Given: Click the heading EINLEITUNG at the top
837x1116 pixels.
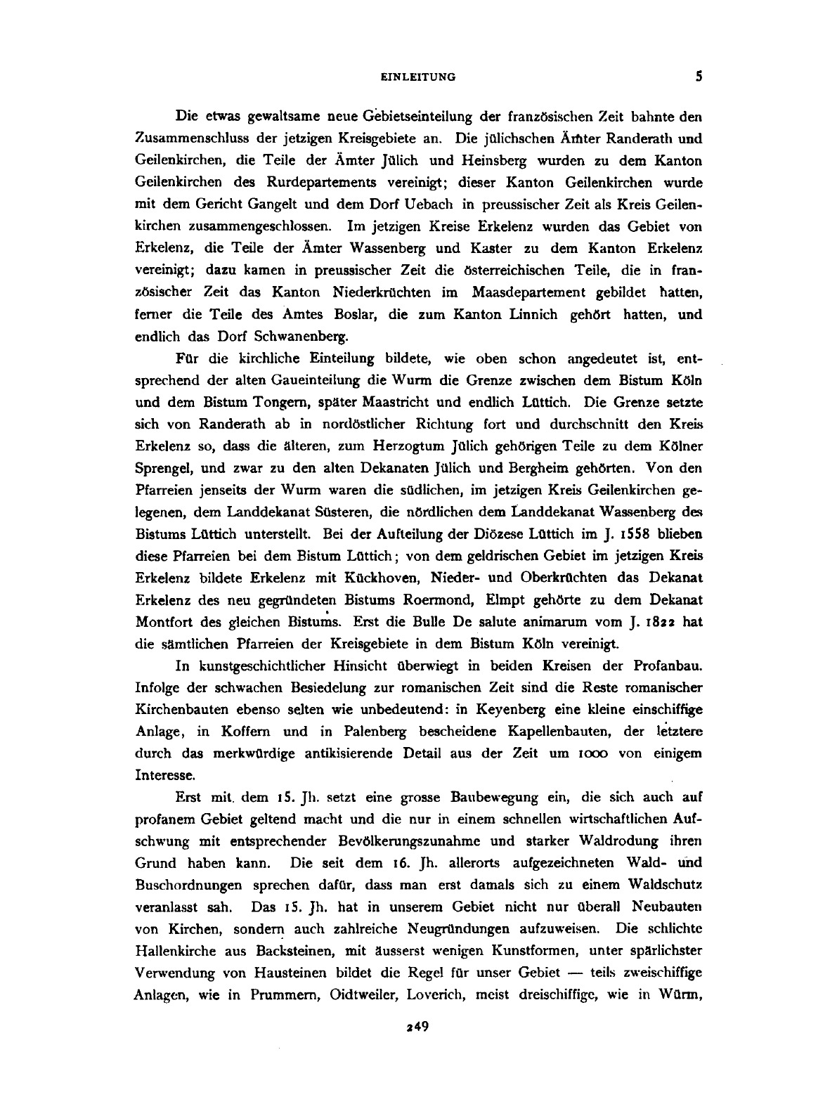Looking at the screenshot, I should tap(418, 78).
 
